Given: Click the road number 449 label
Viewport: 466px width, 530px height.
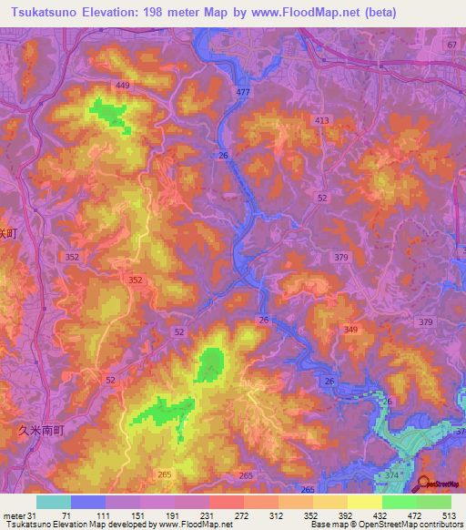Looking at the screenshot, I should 122,86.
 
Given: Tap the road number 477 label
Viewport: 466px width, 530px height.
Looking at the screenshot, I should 241,93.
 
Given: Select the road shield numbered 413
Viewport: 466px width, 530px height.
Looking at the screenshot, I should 321,120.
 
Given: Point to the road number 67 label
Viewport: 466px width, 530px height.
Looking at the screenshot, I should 451,45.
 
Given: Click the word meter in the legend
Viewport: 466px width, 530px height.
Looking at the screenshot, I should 14,515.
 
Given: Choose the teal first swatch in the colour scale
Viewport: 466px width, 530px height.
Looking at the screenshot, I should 53,502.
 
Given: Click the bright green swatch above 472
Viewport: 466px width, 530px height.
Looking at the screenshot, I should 400,502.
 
